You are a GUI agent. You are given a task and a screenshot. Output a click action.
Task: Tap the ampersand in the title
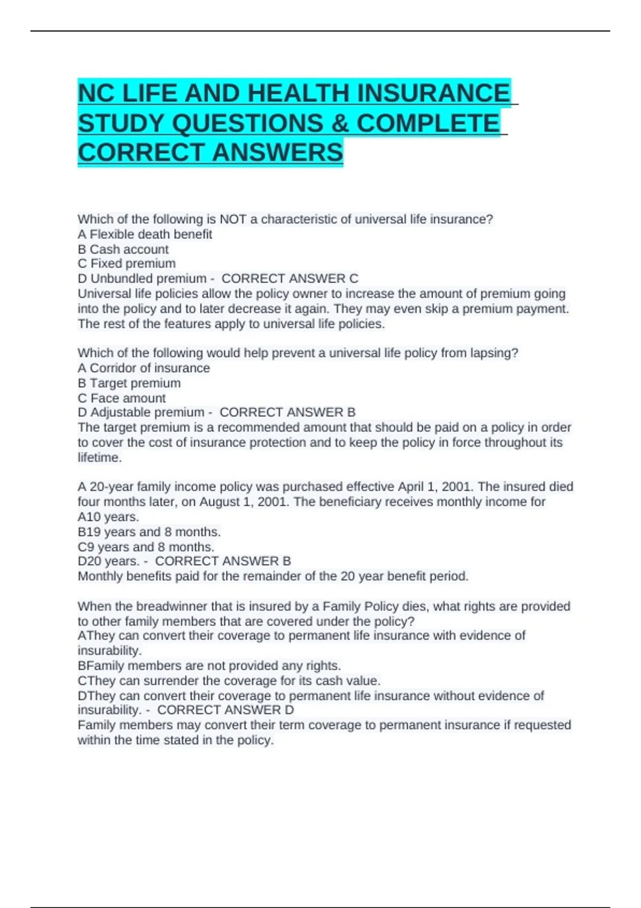click(340, 123)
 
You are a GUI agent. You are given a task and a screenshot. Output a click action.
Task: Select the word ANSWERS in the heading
click(277, 153)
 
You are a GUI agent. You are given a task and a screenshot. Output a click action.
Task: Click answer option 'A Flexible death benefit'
click(145, 234)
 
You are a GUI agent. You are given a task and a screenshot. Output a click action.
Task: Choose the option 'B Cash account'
click(123, 249)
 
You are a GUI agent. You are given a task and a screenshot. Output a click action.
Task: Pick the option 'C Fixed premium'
click(127, 264)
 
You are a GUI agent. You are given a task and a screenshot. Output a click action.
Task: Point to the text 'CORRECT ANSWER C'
click(290, 279)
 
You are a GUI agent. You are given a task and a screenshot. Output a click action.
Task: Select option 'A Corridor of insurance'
click(144, 368)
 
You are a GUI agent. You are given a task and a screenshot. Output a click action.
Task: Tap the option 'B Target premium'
click(129, 383)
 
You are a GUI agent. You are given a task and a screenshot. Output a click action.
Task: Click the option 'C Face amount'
click(122, 398)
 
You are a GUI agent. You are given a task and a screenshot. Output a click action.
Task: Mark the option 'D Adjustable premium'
click(141, 412)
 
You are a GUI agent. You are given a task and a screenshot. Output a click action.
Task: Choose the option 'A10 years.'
click(108, 517)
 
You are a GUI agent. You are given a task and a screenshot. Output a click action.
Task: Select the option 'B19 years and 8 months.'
click(149, 532)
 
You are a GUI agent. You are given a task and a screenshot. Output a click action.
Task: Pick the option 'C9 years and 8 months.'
click(146, 547)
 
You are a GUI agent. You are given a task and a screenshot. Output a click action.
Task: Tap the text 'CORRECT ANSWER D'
click(225, 710)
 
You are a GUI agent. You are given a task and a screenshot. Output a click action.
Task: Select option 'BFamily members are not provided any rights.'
click(209, 666)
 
